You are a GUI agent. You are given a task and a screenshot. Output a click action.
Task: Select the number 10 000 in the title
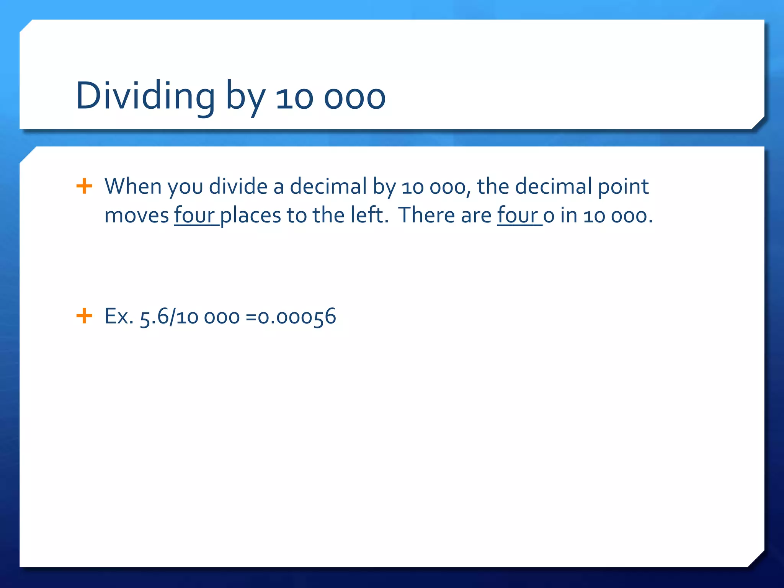pyautogui.click(x=330, y=98)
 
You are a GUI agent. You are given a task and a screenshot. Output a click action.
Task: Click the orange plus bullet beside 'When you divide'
pyautogui.click(x=84, y=186)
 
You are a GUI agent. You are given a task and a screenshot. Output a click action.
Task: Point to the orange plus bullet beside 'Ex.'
pyautogui.click(x=84, y=316)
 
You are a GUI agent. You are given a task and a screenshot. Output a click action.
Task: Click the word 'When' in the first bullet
pyautogui.click(x=133, y=186)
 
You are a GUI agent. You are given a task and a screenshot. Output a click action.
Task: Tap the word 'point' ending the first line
pyautogui.click(x=623, y=187)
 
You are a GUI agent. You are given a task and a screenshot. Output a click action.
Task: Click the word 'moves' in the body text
pyautogui.click(x=137, y=216)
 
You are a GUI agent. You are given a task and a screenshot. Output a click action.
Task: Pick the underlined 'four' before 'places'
pyautogui.click(x=195, y=215)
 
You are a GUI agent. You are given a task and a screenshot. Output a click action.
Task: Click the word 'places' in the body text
pyautogui.click(x=251, y=216)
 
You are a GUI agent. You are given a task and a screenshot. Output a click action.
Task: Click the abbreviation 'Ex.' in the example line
pyautogui.click(x=119, y=317)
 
